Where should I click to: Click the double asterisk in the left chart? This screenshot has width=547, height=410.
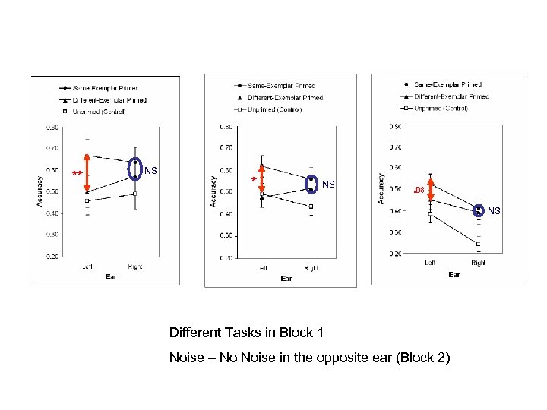click(77, 175)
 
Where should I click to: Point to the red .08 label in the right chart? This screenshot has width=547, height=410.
click(418, 190)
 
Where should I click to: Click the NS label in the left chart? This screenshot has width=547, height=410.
click(150, 171)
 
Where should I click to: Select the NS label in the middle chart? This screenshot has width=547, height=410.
click(328, 184)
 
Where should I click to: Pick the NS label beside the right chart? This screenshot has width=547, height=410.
click(495, 210)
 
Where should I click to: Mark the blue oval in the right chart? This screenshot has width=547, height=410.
click(479, 210)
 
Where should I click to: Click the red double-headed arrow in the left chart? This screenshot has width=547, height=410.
click(87, 174)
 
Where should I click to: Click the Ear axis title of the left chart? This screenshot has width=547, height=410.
click(110, 277)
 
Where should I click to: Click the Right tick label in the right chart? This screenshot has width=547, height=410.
click(479, 263)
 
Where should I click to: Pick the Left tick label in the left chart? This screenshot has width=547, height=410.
click(87, 266)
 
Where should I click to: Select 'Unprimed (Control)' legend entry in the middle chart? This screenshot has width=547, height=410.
click(273, 109)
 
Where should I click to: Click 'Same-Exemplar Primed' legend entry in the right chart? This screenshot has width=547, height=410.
click(448, 84)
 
